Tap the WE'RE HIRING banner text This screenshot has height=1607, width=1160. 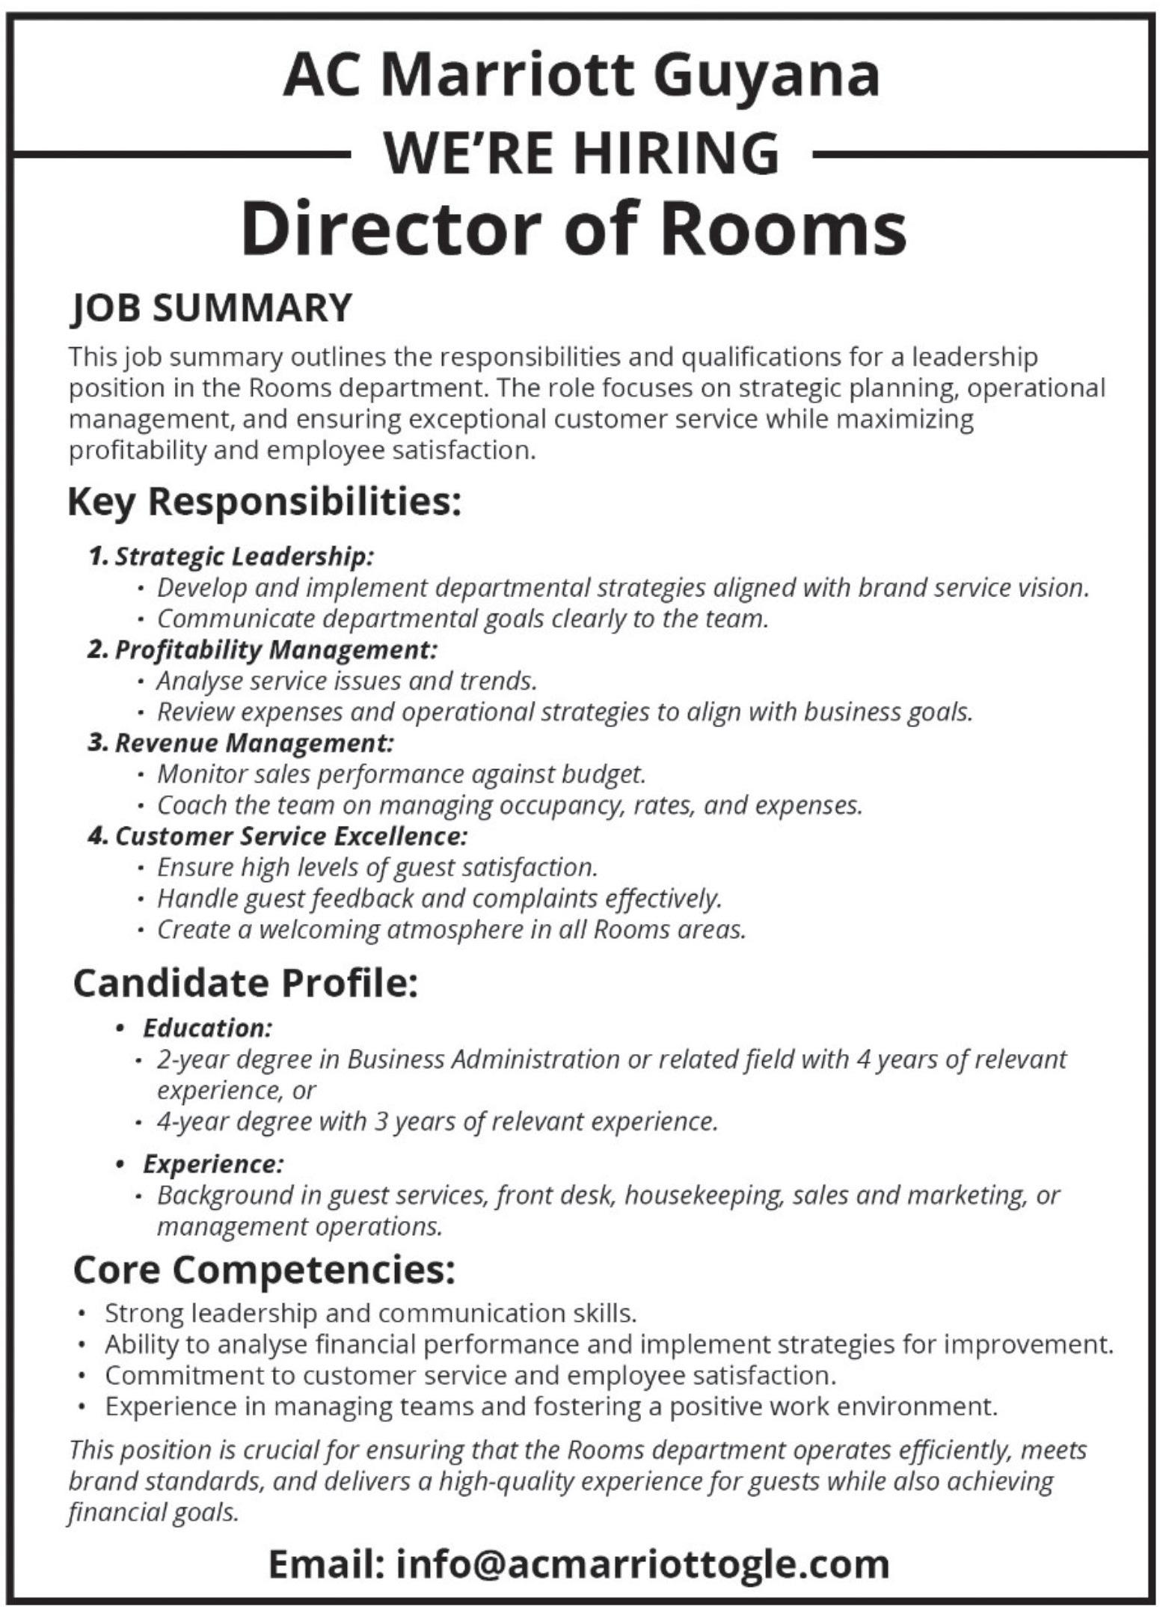click(x=580, y=153)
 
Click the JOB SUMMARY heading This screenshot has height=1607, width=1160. click(x=211, y=307)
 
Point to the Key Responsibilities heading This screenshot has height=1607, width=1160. click(x=264, y=502)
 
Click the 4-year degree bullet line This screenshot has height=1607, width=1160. click(x=437, y=1121)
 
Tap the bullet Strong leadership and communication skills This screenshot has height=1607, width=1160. click(x=370, y=1313)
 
